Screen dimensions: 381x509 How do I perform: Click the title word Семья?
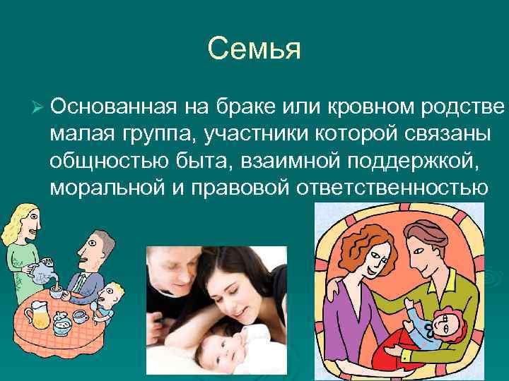click(x=255, y=49)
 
